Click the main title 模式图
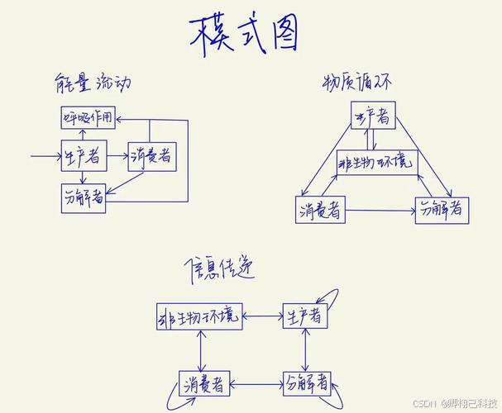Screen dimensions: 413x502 click(x=245, y=35)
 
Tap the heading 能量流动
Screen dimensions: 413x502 click(x=91, y=83)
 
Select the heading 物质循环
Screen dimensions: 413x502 click(x=355, y=82)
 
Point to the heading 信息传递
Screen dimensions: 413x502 click(x=218, y=266)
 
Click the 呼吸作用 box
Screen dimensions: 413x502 click(x=87, y=117)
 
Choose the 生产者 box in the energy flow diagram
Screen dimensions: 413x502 click(x=83, y=154)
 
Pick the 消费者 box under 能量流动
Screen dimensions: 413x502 click(x=151, y=155)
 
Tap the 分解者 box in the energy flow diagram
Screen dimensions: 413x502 click(x=84, y=198)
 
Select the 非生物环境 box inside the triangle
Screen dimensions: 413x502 click(x=376, y=163)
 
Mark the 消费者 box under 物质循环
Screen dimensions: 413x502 click(x=321, y=210)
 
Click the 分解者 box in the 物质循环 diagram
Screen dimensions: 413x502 click(x=442, y=209)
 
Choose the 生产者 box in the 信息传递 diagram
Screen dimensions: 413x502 click(x=305, y=315)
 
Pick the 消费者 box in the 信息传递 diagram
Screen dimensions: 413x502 click(x=203, y=384)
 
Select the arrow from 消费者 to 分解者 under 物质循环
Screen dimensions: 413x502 click(x=380, y=211)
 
